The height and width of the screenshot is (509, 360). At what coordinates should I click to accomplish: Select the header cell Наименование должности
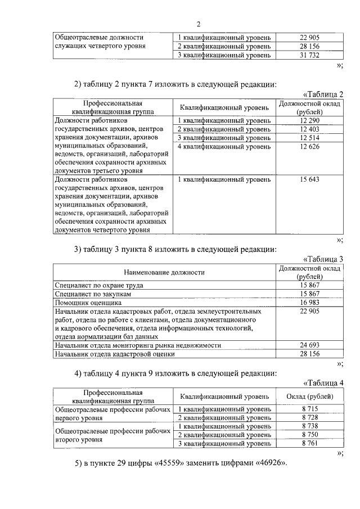pos(164,272)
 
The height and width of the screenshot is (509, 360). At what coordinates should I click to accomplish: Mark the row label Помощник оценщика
pos(89,303)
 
